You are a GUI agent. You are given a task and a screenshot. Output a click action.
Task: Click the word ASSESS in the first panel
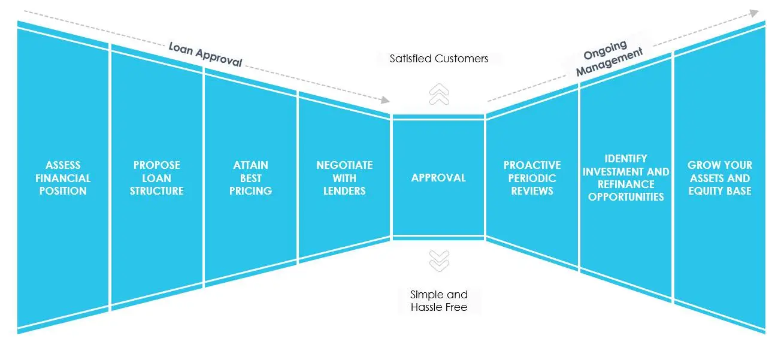click(x=63, y=165)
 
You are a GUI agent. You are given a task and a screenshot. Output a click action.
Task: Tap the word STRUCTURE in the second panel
click(x=157, y=190)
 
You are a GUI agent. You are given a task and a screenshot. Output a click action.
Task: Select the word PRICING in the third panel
click(x=251, y=190)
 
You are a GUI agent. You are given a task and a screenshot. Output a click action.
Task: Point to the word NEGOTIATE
click(x=344, y=165)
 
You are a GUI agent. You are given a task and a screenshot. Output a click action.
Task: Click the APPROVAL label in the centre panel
click(x=438, y=178)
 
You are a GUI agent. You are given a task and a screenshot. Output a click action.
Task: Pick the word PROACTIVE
click(x=532, y=165)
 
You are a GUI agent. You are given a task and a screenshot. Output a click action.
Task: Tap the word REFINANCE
click(x=626, y=184)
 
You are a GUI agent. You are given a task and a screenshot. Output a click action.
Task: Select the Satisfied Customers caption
click(x=438, y=59)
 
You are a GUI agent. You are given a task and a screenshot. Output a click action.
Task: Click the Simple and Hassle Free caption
click(x=438, y=301)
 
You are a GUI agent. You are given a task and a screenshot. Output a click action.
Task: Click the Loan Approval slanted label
click(x=205, y=55)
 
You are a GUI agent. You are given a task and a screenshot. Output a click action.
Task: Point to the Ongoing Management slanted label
click(x=609, y=58)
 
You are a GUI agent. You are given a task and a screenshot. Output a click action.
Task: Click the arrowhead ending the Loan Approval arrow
click(x=386, y=100)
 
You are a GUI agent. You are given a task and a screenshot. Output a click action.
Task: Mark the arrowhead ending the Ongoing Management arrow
click(x=754, y=13)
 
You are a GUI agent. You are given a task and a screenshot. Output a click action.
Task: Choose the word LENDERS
click(x=344, y=190)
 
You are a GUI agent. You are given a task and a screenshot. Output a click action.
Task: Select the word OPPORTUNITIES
click(x=626, y=197)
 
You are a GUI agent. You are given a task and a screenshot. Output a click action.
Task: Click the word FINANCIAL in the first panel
click(x=63, y=178)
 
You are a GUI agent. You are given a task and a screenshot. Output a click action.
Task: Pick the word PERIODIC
click(x=532, y=178)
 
